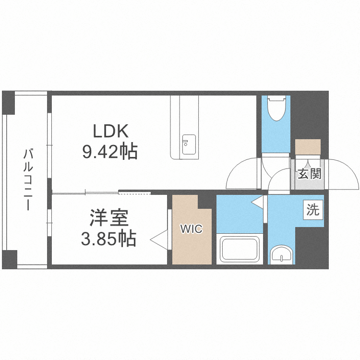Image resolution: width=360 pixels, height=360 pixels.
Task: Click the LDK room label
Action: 110,131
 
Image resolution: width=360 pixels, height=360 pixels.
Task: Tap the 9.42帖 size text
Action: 110,151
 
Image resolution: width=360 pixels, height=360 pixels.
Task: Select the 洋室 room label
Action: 109,217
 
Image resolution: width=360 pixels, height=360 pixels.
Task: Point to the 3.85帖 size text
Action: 109,238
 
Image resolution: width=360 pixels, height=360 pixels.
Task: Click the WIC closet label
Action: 192,229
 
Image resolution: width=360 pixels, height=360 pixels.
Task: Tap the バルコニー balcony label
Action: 28,180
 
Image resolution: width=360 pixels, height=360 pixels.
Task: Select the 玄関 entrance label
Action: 309,174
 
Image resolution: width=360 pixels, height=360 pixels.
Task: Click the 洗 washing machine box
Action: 313,210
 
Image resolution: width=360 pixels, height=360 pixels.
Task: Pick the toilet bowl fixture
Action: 276,108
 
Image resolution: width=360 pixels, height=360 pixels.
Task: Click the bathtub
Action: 240,249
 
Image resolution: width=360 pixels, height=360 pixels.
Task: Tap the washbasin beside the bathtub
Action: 281,254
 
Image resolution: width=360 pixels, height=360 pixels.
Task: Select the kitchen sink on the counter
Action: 189,144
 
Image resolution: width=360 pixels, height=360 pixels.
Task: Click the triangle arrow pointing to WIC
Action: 159,240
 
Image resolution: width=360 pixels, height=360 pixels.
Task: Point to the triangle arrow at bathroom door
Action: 257,202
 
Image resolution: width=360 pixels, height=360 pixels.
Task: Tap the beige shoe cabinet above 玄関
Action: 308,147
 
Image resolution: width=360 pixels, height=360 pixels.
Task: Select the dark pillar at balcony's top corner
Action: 8,102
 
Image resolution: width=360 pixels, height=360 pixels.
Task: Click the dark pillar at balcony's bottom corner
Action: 10,259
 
